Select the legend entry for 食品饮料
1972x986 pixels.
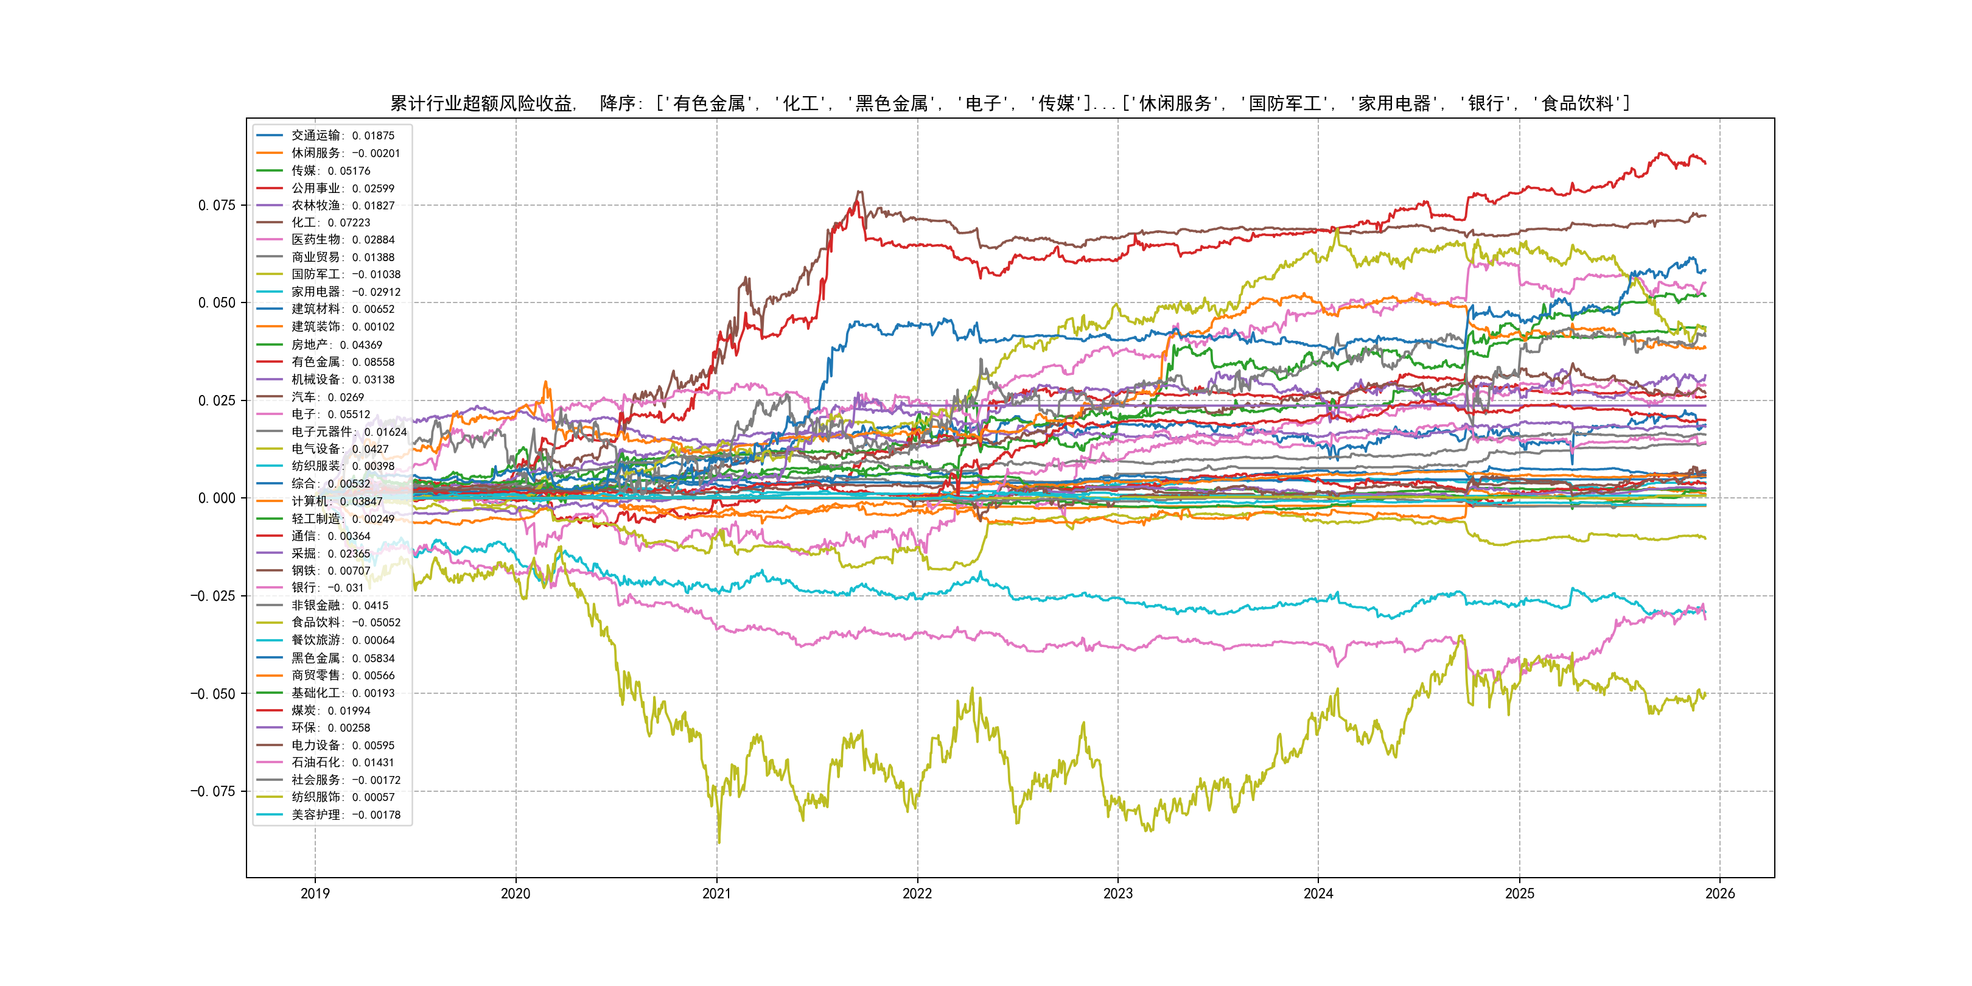(x=345, y=623)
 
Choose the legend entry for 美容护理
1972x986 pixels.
(x=345, y=814)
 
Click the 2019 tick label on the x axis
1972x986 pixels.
(x=315, y=893)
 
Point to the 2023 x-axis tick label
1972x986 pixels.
(x=1117, y=893)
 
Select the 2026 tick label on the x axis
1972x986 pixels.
(x=1720, y=893)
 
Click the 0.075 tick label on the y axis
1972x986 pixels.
(x=217, y=205)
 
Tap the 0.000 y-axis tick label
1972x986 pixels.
(x=217, y=498)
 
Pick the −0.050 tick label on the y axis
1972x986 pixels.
(x=213, y=694)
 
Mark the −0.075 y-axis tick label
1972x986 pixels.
(x=213, y=792)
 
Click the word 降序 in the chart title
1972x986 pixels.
(x=618, y=103)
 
